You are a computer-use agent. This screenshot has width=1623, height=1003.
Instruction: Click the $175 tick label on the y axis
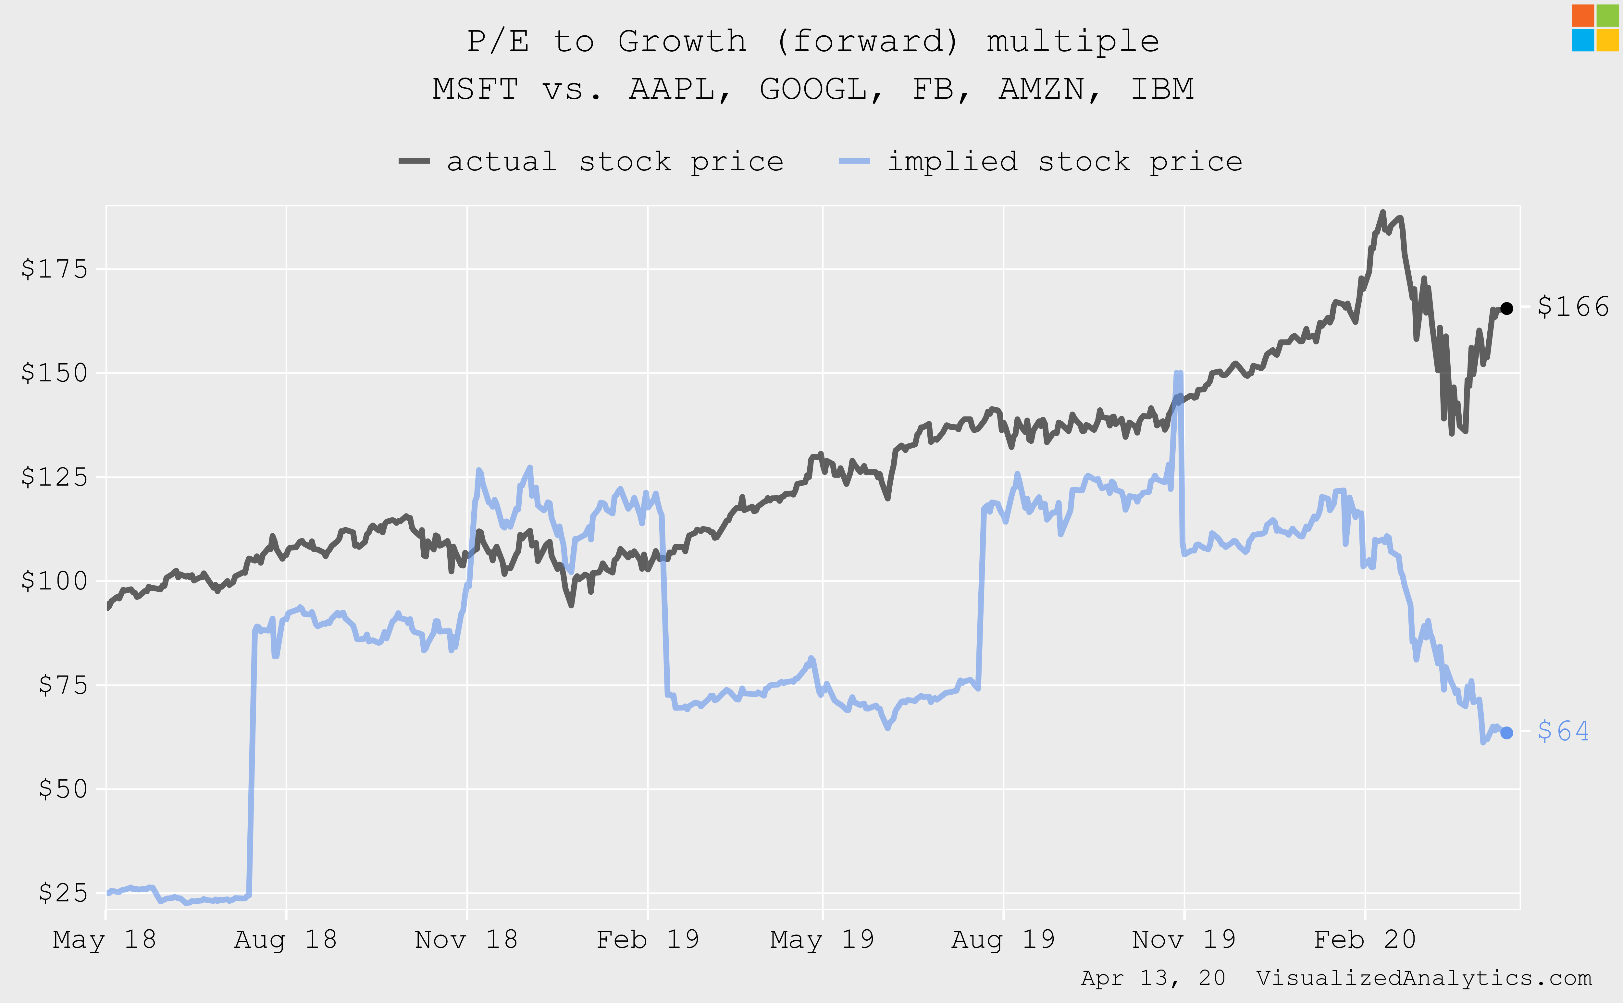[55, 269]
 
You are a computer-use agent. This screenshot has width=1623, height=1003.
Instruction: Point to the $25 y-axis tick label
[63, 893]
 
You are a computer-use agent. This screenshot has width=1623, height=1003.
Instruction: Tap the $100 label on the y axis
[55, 581]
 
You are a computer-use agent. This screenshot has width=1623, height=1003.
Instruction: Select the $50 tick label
[63, 789]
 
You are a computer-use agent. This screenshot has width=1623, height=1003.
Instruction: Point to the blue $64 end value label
[1563, 731]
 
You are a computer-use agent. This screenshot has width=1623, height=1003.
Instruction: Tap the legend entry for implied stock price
[1041, 161]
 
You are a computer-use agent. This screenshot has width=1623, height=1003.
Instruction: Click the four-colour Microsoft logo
[1595, 28]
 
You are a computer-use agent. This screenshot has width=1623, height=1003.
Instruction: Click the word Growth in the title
[683, 41]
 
